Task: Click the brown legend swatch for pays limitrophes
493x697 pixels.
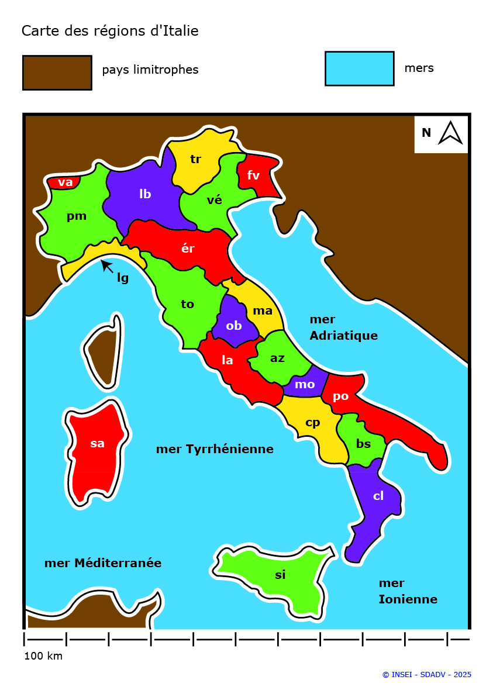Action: [57, 73]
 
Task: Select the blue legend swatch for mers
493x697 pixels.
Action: [359, 68]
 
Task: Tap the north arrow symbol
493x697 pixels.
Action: [450, 133]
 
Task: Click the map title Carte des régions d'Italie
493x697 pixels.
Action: [110, 31]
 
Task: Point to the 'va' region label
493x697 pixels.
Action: [65, 182]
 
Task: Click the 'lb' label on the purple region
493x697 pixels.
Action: [145, 194]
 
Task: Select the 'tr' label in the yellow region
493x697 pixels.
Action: [195, 159]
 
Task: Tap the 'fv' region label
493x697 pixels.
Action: [253, 175]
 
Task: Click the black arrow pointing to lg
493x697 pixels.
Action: [106, 266]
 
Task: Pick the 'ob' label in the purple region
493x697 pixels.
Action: [233, 326]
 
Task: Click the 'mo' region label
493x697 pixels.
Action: [305, 384]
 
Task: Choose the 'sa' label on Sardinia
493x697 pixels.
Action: [97, 443]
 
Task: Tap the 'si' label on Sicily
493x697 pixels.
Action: [280, 575]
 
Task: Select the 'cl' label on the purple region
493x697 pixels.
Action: [378, 496]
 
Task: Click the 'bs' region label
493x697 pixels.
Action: [363, 444]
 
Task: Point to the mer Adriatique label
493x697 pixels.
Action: [343, 327]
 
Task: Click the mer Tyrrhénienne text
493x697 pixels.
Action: [215, 449]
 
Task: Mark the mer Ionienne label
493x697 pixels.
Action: [408, 591]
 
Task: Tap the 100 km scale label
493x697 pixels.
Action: [43, 656]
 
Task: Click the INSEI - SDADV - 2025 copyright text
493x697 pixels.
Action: [426, 675]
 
